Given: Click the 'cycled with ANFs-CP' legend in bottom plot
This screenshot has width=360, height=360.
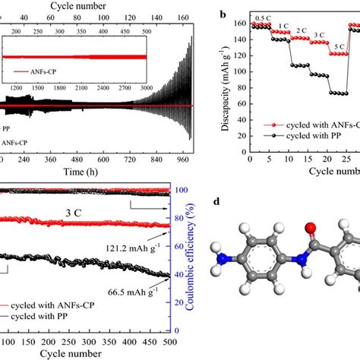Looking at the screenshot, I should [x=64, y=316].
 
